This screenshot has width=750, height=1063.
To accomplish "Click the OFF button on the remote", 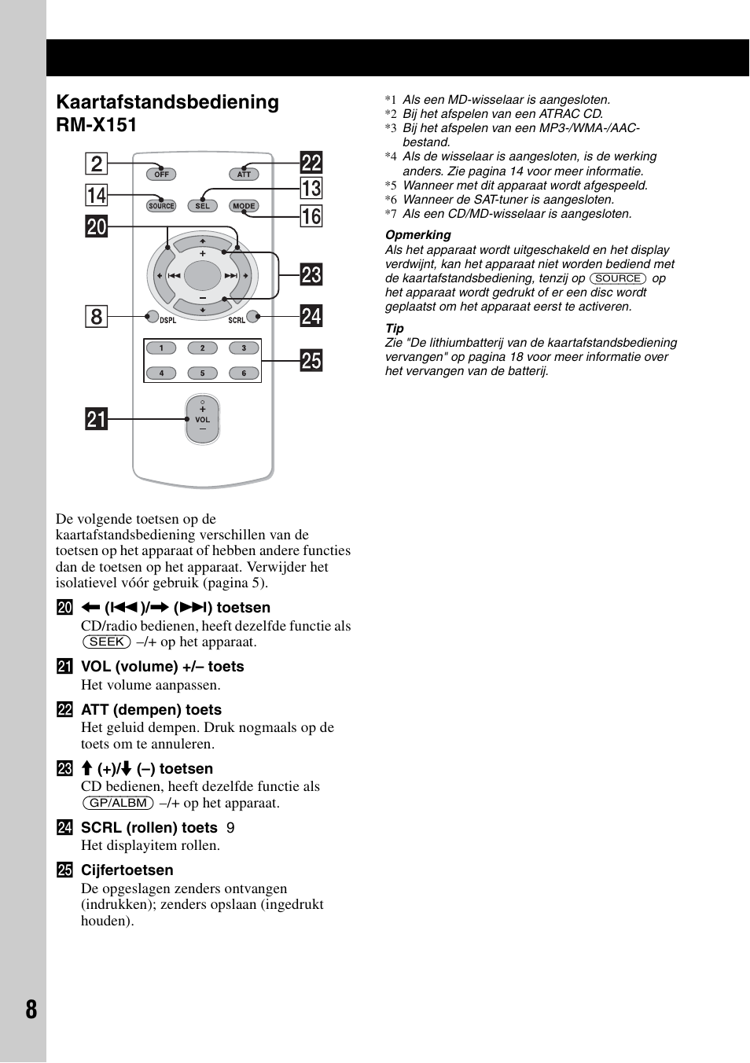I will pos(161,175).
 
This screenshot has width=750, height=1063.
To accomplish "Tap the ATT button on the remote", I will pos(244,175).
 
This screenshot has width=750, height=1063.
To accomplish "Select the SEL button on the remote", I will pos(203,206).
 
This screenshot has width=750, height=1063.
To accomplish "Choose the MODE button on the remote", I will pos(244,206).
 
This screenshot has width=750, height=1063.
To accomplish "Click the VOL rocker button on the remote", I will pos(202,420).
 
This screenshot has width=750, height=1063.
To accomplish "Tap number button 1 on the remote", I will pos(161,348).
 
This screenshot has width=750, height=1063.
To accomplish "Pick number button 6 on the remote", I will pos(244,373).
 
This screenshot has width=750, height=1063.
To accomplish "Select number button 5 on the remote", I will pos(202,373).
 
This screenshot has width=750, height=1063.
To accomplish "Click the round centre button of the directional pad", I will pos(202,276).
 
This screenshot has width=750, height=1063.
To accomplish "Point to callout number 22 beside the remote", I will pos(311,163).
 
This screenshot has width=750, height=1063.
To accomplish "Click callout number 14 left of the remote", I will pos(96,195).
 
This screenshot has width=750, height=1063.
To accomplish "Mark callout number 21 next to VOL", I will pos(96,419).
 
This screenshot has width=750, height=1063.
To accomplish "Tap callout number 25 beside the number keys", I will pos(311,361).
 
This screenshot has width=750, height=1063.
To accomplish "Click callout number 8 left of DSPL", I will pos(96,317).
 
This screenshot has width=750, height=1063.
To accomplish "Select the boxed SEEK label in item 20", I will pos(107,642).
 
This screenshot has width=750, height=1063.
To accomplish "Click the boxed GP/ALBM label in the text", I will pos(118,804).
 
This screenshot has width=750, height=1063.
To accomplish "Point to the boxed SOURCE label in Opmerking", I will pos(618,278).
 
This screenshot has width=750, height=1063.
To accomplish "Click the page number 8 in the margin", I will pos(31,1010).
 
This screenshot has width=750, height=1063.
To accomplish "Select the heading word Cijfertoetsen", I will pos(127,870).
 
